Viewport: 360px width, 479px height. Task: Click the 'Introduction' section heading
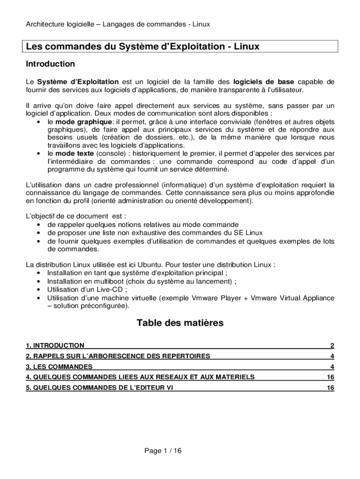point(50,64)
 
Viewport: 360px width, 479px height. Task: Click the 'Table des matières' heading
point(180,323)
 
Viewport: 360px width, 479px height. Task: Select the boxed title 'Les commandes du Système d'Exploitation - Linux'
point(143,47)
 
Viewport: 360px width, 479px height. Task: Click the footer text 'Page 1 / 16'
point(163,451)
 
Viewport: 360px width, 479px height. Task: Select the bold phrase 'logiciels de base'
point(264,81)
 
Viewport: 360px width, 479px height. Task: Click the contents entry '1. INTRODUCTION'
point(55,346)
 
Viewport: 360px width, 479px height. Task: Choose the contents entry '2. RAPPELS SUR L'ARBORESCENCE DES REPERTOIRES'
point(118,356)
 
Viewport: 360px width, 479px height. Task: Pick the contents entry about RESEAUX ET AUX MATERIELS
point(140,377)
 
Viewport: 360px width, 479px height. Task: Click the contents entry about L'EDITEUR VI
point(100,388)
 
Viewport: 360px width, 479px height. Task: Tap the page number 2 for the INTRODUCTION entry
point(332,346)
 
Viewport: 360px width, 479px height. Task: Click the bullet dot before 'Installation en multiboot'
point(37,282)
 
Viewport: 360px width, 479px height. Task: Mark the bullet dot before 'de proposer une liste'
point(37,233)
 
